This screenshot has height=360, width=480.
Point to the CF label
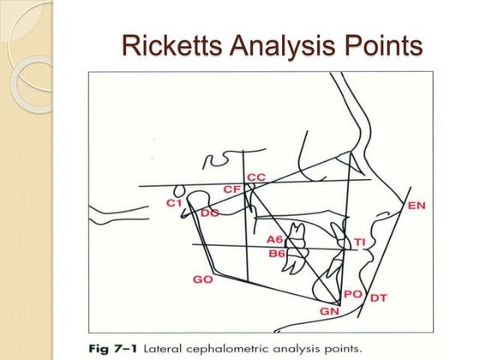click(x=231, y=189)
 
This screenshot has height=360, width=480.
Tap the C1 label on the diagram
click(x=175, y=203)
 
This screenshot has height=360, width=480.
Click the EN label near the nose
click(x=417, y=206)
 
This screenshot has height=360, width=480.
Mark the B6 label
click(x=276, y=254)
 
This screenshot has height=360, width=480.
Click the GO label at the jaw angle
click(x=203, y=280)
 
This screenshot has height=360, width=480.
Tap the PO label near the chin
click(x=352, y=294)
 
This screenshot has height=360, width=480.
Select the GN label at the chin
click(x=330, y=311)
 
